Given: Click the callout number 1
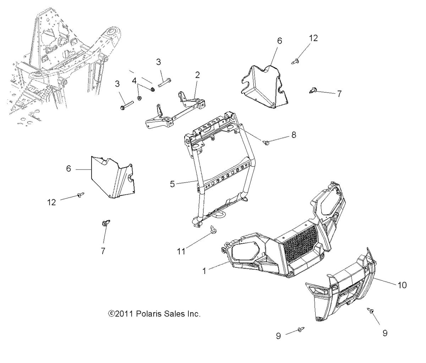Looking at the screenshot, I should (204, 271).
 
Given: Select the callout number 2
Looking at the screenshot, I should (197, 75).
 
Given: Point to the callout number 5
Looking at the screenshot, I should (172, 184).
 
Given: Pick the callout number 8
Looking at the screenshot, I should (294, 135).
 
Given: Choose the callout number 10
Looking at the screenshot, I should (403, 285).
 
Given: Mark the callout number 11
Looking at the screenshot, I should (181, 251).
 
